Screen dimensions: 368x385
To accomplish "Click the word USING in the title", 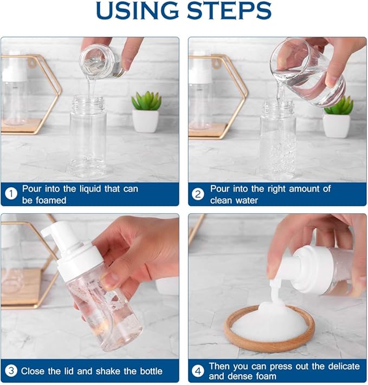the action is (x=138, y=10).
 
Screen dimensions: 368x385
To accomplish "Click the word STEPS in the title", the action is (x=229, y=10).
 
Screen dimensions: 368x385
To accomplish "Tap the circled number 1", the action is (x=11, y=194).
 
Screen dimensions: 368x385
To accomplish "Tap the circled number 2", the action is (x=198, y=194).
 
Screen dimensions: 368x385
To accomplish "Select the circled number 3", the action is (x=11, y=371).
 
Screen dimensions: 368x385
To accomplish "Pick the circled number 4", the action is (x=198, y=371).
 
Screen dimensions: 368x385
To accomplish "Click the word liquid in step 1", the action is (x=90, y=189).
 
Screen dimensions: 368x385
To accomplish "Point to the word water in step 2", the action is (x=247, y=200).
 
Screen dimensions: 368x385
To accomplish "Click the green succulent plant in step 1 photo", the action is (x=146, y=101).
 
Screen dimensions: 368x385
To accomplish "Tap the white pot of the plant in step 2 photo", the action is (x=336, y=126).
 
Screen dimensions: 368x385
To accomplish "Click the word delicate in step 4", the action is (x=344, y=366).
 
